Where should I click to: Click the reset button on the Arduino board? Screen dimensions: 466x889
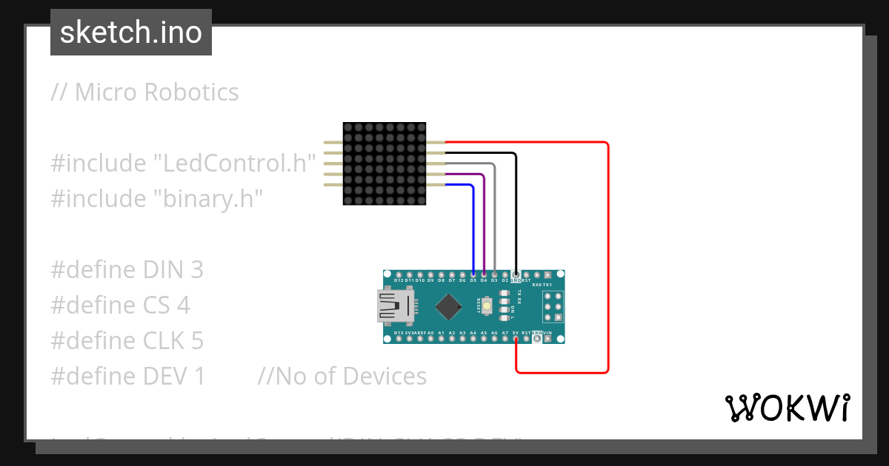coord(487,305)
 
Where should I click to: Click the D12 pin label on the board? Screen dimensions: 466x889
coord(399,281)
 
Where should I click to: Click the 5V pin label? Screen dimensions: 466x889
coord(516,334)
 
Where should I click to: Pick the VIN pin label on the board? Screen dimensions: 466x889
coord(547,334)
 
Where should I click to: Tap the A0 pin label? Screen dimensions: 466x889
coord(430,334)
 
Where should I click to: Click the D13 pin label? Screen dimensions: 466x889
coord(399,334)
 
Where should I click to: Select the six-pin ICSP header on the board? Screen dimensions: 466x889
coord(553,305)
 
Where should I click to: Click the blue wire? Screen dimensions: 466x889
coord(473,222)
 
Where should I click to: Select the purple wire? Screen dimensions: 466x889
coord(484,222)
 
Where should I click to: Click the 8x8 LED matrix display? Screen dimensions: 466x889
coord(384,163)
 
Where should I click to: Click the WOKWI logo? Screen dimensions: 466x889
coord(787,408)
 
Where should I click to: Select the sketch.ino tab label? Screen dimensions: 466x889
coord(131,33)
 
